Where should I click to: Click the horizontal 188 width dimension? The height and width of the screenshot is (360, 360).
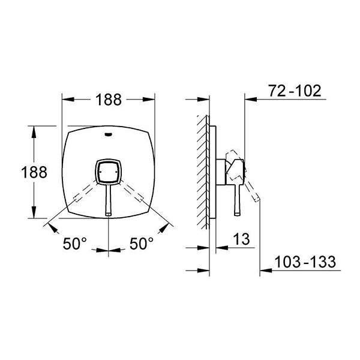pos(109,100)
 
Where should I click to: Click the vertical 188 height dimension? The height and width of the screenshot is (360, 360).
pos(34,172)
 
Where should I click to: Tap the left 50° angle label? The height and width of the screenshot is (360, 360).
pos(75,244)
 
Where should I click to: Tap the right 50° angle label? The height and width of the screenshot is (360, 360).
pos(142,244)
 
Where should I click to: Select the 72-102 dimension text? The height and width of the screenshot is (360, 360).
pos(295,91)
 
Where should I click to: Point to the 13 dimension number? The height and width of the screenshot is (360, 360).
pos(242,239)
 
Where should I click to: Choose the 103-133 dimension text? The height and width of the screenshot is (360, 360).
pos(305,262)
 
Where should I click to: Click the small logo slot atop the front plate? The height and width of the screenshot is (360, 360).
pos(108,134)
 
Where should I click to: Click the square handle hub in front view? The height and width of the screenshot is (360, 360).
pos(108,172)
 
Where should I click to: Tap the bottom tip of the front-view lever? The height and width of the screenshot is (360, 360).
pos(109,215)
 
